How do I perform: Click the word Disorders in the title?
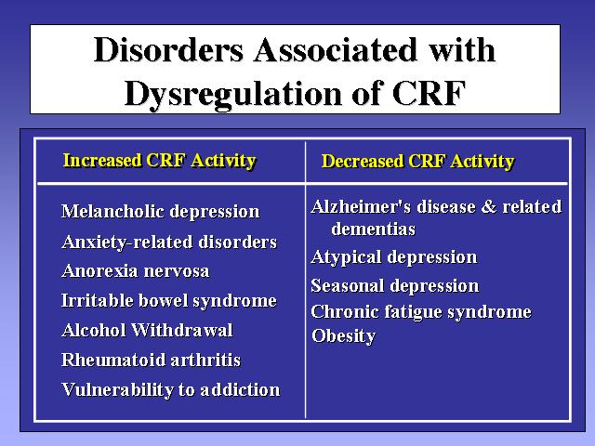click(x=168, y=50)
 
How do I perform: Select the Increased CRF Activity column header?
click(x=159, y=161)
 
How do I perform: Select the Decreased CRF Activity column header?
click(x=417, y=162)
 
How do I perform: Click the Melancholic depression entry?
click(x=161, y=212)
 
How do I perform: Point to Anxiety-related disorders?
click(x=169, y=243)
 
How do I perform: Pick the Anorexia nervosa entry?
click(x=136, y=271)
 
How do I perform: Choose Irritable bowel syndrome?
click(x=169, y=301)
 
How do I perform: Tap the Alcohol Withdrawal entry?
click(x=147, y=331)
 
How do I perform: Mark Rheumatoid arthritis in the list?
click(x=151, y=360)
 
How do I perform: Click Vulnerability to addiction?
click(x=171, y=390)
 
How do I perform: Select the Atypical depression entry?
click(x=394, y=258)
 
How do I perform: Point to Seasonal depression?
click(x=394, y=286)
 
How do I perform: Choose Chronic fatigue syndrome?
click(x=421, y=312)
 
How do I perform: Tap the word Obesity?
click(x=343, y=336)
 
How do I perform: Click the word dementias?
click(x=374, y=230)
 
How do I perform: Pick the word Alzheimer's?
click(x=361, y=207)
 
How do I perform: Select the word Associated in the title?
click(x=337, y=50)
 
